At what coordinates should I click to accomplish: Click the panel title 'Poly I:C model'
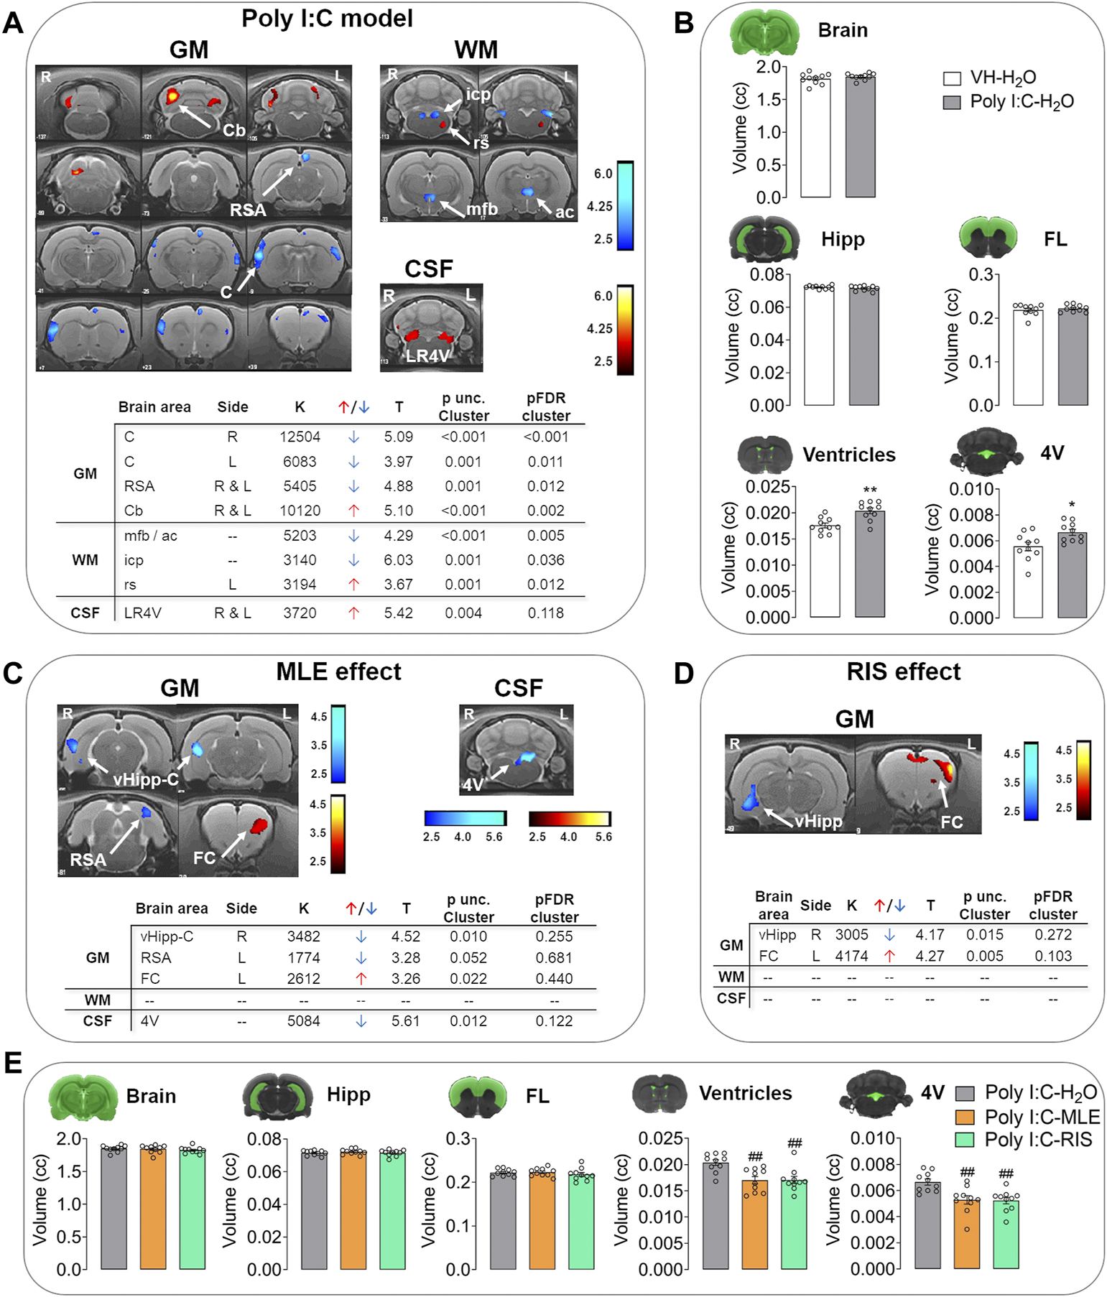pos(327,19)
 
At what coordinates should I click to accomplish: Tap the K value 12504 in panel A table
pos(300,437)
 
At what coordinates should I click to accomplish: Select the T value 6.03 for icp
pos(398,560)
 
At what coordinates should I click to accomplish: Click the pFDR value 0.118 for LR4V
pos(545,613)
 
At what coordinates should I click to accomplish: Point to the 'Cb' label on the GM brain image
pos(234,130)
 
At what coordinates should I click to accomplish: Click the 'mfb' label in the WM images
pos(481,209)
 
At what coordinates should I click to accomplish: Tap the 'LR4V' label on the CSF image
pos(427,355)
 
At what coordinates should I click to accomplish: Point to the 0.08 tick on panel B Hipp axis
pos(766,275)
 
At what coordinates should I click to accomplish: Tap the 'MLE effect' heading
pos(338,671)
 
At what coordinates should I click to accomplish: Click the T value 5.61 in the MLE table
pos(406,1021)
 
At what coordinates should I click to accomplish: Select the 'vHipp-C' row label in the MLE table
pos(167,936)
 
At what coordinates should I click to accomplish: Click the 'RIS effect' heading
pos(903,671)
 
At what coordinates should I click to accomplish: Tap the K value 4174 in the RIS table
pos(851,957)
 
